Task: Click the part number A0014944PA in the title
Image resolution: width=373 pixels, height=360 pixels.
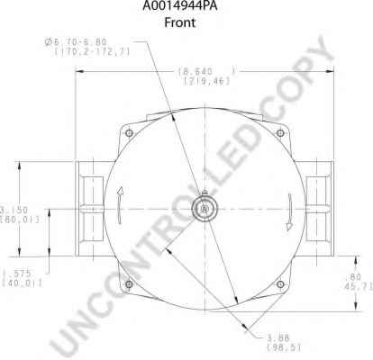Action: pyautogui.click(x=185, y=7)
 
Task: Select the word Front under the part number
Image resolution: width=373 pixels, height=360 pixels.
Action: pyautogui.click(x=185, y=24)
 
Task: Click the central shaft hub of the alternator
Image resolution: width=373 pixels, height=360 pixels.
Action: pyautogui.click(x=205, y=208)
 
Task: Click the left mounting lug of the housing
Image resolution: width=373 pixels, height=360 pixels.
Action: pyautogui.click(x=90, y=208)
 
